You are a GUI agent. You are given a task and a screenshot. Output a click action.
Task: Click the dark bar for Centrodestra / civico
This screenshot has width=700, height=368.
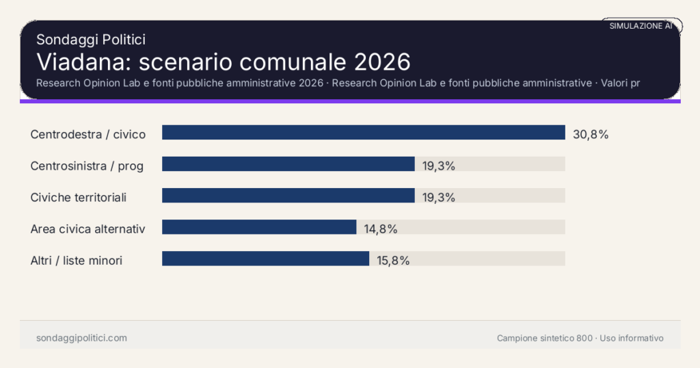(x=363, y=133)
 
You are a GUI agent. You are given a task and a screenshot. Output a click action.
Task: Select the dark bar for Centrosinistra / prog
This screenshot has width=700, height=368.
(x=288, y=164)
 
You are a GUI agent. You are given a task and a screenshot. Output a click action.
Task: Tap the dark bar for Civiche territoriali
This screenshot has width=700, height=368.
(x=288, y=196)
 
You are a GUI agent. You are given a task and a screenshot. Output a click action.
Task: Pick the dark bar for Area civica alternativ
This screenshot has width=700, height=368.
(x=259, y=227)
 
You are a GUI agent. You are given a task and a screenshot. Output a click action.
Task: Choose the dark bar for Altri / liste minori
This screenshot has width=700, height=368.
(x=265, y=259)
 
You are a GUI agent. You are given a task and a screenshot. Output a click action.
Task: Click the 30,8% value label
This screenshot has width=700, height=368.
(x=591, y=134)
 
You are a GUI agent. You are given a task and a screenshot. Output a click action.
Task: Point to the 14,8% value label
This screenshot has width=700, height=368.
(x=381, y=228)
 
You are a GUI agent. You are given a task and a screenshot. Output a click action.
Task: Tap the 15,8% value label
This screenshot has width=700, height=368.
(x=393, y=260)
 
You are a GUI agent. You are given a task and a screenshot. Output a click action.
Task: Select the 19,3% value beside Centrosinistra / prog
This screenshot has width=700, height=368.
(x=439, y=166)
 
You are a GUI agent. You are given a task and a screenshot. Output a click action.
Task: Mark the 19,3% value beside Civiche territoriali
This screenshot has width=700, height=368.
(x=439, y=197)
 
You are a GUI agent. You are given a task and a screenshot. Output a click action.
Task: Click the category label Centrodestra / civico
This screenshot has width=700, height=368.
(x=88, y=134)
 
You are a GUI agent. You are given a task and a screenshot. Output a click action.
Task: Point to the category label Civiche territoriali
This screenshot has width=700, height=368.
(x=79, y=197)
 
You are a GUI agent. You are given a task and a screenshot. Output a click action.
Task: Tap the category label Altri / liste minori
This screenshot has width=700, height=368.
(x=77, y=260)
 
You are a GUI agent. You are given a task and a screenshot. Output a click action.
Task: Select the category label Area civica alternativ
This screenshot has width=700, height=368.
(x=88, y=228)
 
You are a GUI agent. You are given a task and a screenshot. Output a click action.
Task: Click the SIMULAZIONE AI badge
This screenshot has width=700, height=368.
(x=641, y=26)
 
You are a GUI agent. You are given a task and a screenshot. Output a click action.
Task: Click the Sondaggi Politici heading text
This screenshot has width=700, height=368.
(x=91, y=40)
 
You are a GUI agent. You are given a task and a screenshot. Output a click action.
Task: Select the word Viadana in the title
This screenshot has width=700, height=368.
(x=83, y=62)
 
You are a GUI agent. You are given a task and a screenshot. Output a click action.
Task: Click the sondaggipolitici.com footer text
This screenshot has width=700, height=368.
(x=81, y=338)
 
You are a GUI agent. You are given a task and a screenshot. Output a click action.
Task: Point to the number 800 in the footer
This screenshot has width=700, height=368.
(x=584, y=338)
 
